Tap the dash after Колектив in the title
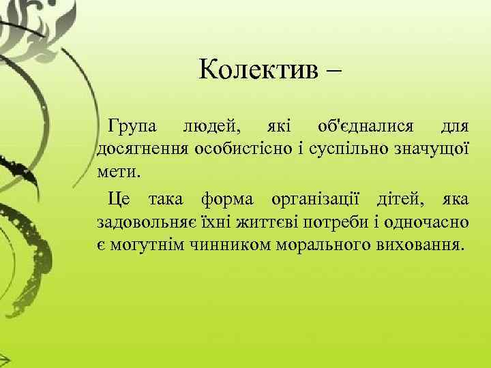pos(336,70)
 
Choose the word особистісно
pos(239,147)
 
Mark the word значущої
pos(428,148)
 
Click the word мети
pos(117,168)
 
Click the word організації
pos(320,200)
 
